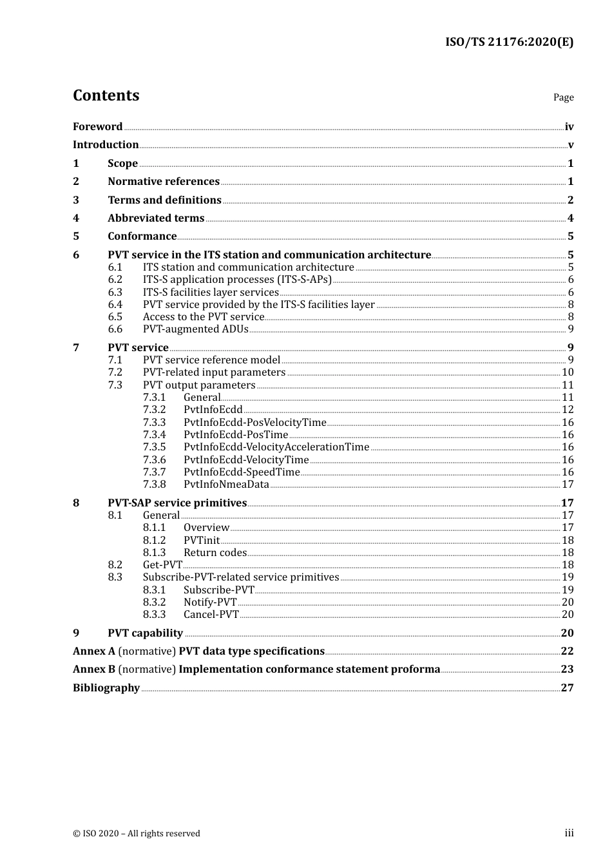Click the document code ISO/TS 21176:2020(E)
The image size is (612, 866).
[509, 42]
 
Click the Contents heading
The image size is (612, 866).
[106, 95]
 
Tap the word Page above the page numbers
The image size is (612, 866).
[563, 97]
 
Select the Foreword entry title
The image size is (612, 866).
[97, 126]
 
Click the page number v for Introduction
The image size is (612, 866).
[570, 145]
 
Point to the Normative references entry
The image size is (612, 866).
[164, 182]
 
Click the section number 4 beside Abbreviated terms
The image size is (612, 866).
[76, 218]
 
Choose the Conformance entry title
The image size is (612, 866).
[142, 236]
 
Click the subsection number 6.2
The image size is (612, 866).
[115, 280]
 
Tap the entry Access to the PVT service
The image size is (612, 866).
[204, 317]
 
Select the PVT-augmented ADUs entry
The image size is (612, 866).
[195, 329]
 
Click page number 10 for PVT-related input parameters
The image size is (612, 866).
[568, 372]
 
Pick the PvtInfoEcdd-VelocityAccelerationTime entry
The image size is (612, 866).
[276, 447]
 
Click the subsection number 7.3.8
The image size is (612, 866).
[154, 485]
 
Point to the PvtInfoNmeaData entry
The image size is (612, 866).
[226, 485]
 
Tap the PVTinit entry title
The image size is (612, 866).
[202, 541]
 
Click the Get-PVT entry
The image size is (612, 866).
[162, 565]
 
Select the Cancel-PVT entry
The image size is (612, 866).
[211, 615]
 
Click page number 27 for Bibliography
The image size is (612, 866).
[567, 688]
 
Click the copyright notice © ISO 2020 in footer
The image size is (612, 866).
[137, 834]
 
